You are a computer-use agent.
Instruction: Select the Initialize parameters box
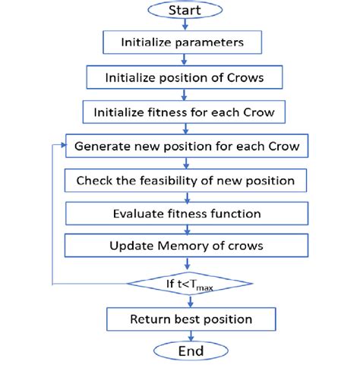182,42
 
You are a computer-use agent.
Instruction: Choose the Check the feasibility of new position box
185,181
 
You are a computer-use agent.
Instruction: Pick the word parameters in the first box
210,42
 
